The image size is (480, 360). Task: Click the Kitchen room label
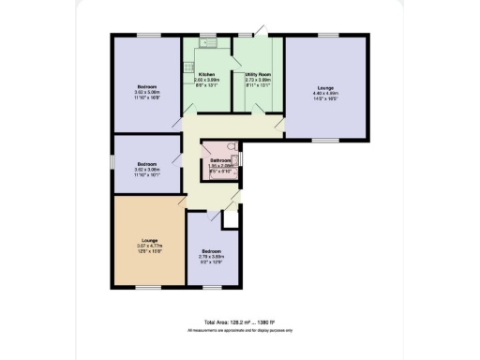click(x=206, y=74)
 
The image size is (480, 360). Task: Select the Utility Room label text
click(x=258, y=74)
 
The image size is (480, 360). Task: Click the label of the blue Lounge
click(x=323, y=87)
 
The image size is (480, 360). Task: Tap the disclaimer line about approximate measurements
click(x=239, y=331)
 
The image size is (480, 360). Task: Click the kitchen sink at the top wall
click(x=209, y=42)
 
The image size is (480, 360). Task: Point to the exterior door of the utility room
click(x=266, y=36)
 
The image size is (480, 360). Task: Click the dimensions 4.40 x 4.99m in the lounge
click(x=323, y=94)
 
